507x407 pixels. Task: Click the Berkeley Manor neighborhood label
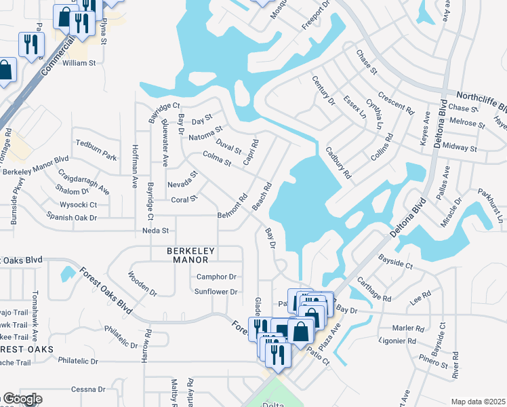pos(191,255)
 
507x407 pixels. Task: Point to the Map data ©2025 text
pos(478,402)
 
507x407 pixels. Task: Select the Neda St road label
pos(155,231)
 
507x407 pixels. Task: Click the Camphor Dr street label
pos(216,277)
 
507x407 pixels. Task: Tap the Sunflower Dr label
pos(216,292)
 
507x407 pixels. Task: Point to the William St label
pos(81,62)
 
